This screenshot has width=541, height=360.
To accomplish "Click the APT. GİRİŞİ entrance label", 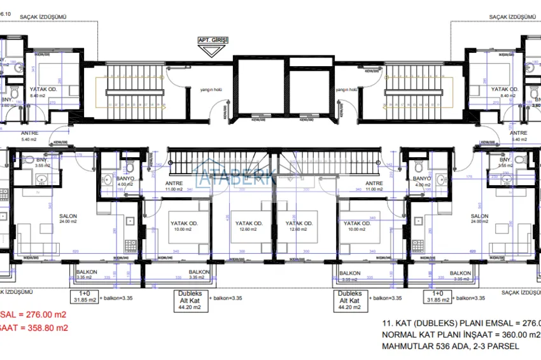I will click(x=213, y=39).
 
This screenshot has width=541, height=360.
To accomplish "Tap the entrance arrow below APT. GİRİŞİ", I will click(x=213, y=50).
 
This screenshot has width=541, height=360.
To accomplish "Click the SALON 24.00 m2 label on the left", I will click(x=68, y=219).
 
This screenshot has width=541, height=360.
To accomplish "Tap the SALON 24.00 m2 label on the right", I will click(x=479, y=219).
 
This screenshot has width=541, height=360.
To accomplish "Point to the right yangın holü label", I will click(x=346, y=90).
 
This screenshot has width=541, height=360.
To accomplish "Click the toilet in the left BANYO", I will click(x=129, y=167).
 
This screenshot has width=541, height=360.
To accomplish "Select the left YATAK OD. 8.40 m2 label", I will click(x=43, y=93).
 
